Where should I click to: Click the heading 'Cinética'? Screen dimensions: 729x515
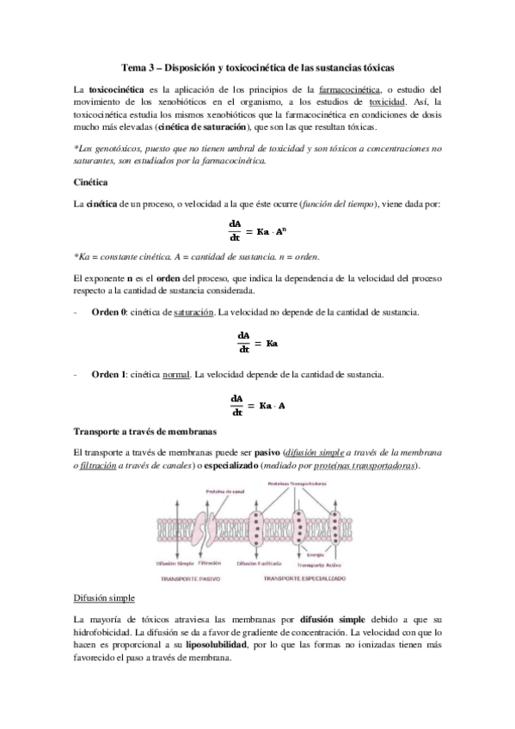(x=90, y=182)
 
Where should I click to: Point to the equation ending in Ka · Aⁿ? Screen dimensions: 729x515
(x=259, y=231)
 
